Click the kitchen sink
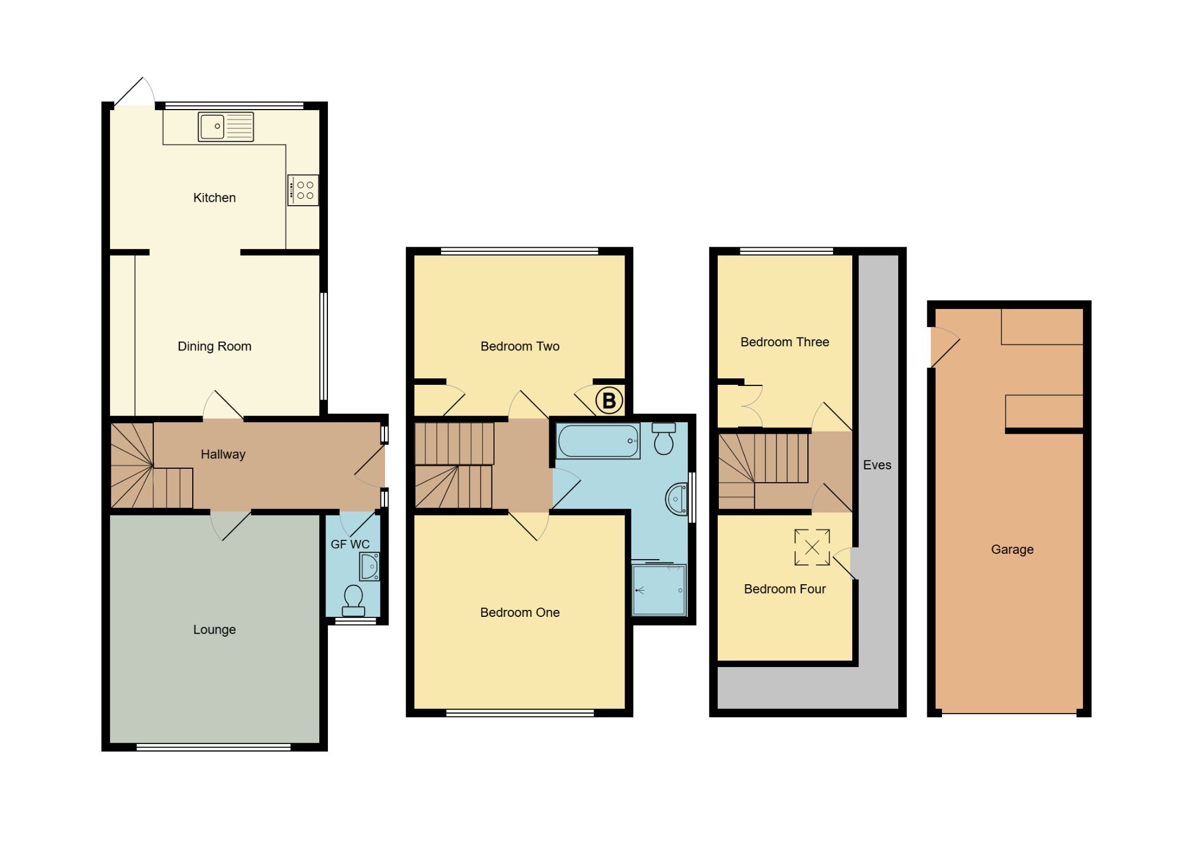226,127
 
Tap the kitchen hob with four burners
303,190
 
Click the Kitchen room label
214,198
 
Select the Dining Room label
214,346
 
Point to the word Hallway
223,454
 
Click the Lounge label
214,630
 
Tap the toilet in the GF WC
353,601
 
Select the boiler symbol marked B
609,401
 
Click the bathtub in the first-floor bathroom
598,441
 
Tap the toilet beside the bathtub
663,438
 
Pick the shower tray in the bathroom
659,589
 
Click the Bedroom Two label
520,346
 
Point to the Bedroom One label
520,612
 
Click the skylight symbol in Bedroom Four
812,547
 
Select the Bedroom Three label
785,342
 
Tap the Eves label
877,465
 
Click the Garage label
1012,549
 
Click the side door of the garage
944,347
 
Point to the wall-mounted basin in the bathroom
676,499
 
